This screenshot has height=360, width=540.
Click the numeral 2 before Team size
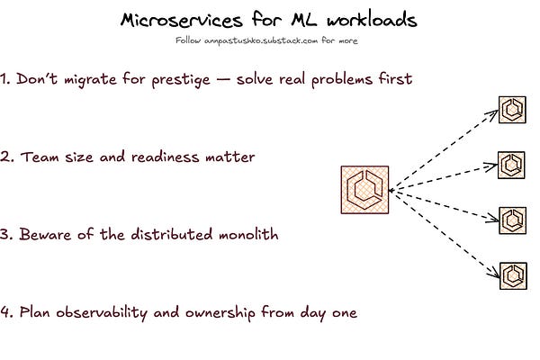coord(5,157)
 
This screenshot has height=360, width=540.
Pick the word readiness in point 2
coord(178,157)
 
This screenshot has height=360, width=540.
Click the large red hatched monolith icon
coord(365,190)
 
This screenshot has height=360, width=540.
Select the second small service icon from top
coord(512,165)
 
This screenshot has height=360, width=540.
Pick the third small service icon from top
coord(512,218)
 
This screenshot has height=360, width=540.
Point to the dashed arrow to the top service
coord(445,148)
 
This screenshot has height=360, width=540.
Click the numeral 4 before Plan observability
coord(5,313)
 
